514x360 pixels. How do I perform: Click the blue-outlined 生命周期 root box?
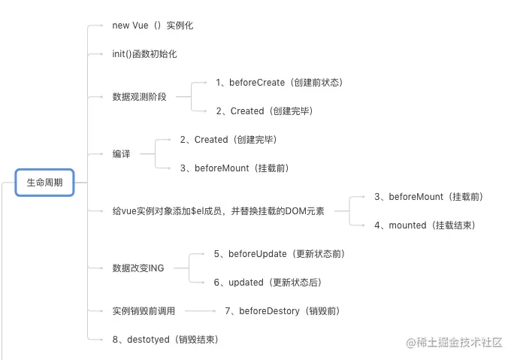pyautogui.click(x=44, y=182)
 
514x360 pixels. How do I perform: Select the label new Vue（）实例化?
pyautogui.click(x=153, y=26)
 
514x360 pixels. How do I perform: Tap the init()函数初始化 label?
pyautogui.click(x=144, y=54)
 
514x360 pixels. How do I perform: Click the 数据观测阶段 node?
pyautogui.click(x=139, y=97)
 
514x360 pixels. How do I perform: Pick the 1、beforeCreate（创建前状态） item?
pyautogui.click(x=279, y=83)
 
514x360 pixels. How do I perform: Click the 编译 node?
pyautogui.click(x=121, y=154)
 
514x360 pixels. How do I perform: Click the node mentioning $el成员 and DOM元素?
pyautogui.click(x=218, y=211)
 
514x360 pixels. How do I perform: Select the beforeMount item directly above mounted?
pyautogui.click(x=428, y=197)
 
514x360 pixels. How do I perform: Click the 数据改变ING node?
pyautogui.click(x=138, y=268)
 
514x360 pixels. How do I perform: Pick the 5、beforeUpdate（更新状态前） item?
pyautogui.click(x=279, y=254)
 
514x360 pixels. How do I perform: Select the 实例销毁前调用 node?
pyautogui.click(x=144, y=311)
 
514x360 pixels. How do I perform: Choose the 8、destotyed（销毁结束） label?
pyautogui.click(x=165, y=340)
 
